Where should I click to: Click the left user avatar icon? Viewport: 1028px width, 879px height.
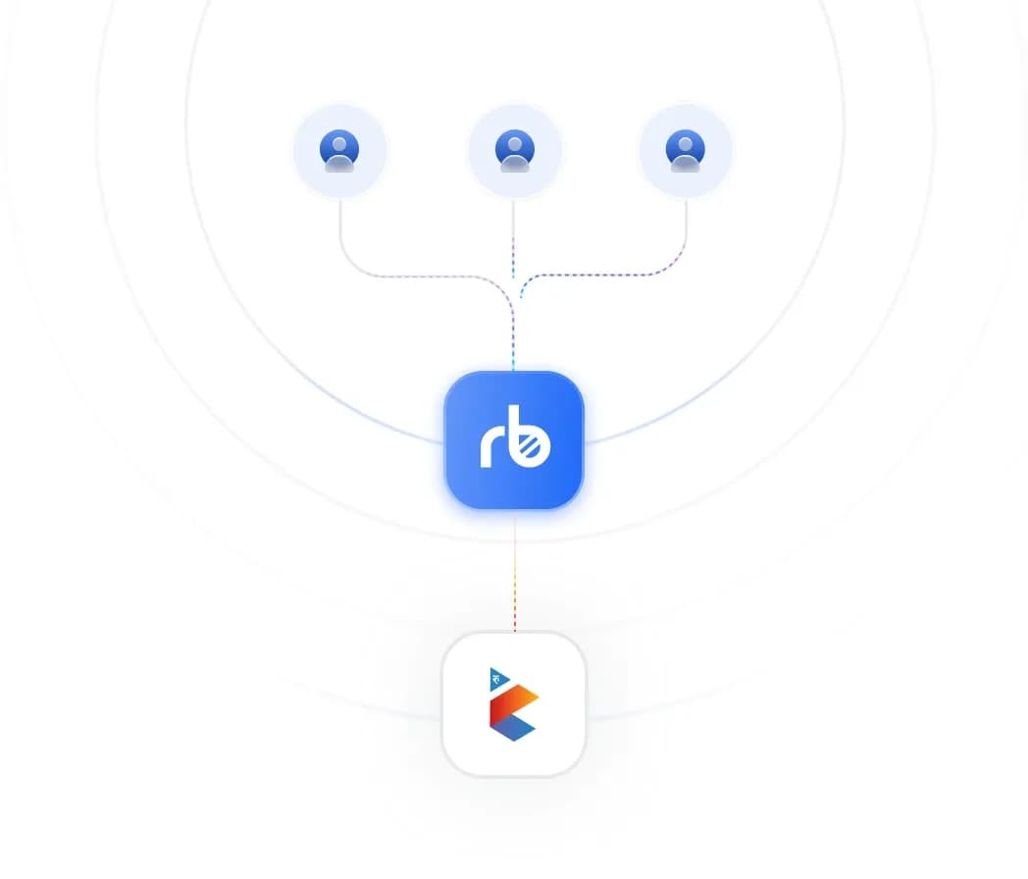[339, 151]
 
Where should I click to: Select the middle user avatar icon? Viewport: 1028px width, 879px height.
[515, 151]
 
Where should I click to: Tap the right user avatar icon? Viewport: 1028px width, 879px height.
[685, 151]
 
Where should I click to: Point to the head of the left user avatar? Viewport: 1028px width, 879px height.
[339, 144]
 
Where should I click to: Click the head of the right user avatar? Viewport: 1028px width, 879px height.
[685, 144]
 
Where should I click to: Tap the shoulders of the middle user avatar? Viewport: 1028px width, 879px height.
[515, 163]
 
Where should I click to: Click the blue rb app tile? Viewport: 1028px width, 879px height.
[514, 439]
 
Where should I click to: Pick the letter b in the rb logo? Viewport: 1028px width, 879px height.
[529, 438]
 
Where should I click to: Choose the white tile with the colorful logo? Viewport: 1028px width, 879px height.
[514, 704]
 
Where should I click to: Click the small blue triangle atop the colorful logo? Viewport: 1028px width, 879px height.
[497, 680]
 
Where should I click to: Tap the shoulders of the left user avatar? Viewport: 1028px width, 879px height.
[339, 163]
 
